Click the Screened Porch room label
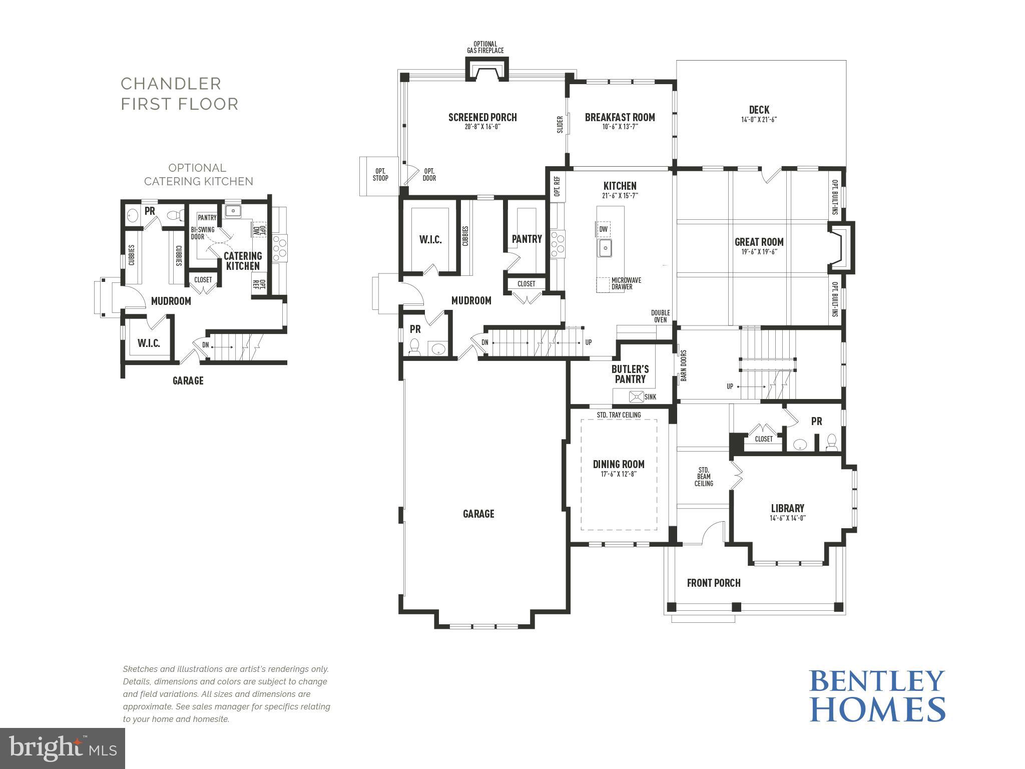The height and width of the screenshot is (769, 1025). click(x=482, y=118)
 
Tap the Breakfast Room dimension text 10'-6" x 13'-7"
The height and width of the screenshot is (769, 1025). click(x=620, y=127)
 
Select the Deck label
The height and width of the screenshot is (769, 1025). click(x=759, y=110)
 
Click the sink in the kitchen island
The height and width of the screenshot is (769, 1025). click(x=605, y=247)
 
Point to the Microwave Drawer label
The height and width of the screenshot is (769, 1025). click(x=626, y=284)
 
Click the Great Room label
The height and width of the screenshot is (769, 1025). click(x=759, y=242)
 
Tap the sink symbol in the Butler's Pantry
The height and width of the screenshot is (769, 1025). click(x=636, y=397)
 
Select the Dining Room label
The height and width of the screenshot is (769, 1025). click(x=619, y=464)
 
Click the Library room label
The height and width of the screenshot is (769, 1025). click(x=787, y=508)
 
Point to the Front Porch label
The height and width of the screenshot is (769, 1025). click(x=713, y=583)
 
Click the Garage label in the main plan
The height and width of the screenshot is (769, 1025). click(x=478, y=514)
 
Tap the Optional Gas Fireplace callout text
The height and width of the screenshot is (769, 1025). click(x=485, y=48)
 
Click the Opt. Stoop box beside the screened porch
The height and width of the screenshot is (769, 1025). click(x=379, y=175)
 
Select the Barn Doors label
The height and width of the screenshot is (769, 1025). click(x=684, y=365)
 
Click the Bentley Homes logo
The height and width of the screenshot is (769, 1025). click(x=877, y=695)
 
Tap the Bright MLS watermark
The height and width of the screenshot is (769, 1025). click(x=63, y=748)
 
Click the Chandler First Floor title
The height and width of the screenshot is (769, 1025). click(x=179, y=94)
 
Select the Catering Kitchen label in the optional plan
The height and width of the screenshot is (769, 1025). click(x=243, y=261)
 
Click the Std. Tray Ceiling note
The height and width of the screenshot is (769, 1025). click(x=619, y=415)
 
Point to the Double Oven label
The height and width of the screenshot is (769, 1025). click(x=660, y=316)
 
